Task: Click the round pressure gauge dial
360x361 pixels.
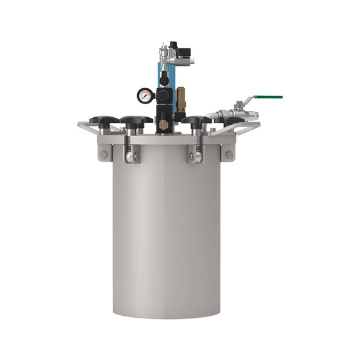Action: click(x=145, y=96)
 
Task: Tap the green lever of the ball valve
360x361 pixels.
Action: click(x=267, y=97)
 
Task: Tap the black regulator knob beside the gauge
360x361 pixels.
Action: click(x=163, y=95)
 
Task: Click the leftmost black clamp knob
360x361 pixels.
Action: click(x=103, y=120)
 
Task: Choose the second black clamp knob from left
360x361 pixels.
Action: click(x=135, y=120)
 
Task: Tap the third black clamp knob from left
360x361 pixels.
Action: click(x=197, y=120)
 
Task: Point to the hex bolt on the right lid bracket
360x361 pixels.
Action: click(x=229, y=154)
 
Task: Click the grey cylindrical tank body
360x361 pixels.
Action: click(x=167, y=238)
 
